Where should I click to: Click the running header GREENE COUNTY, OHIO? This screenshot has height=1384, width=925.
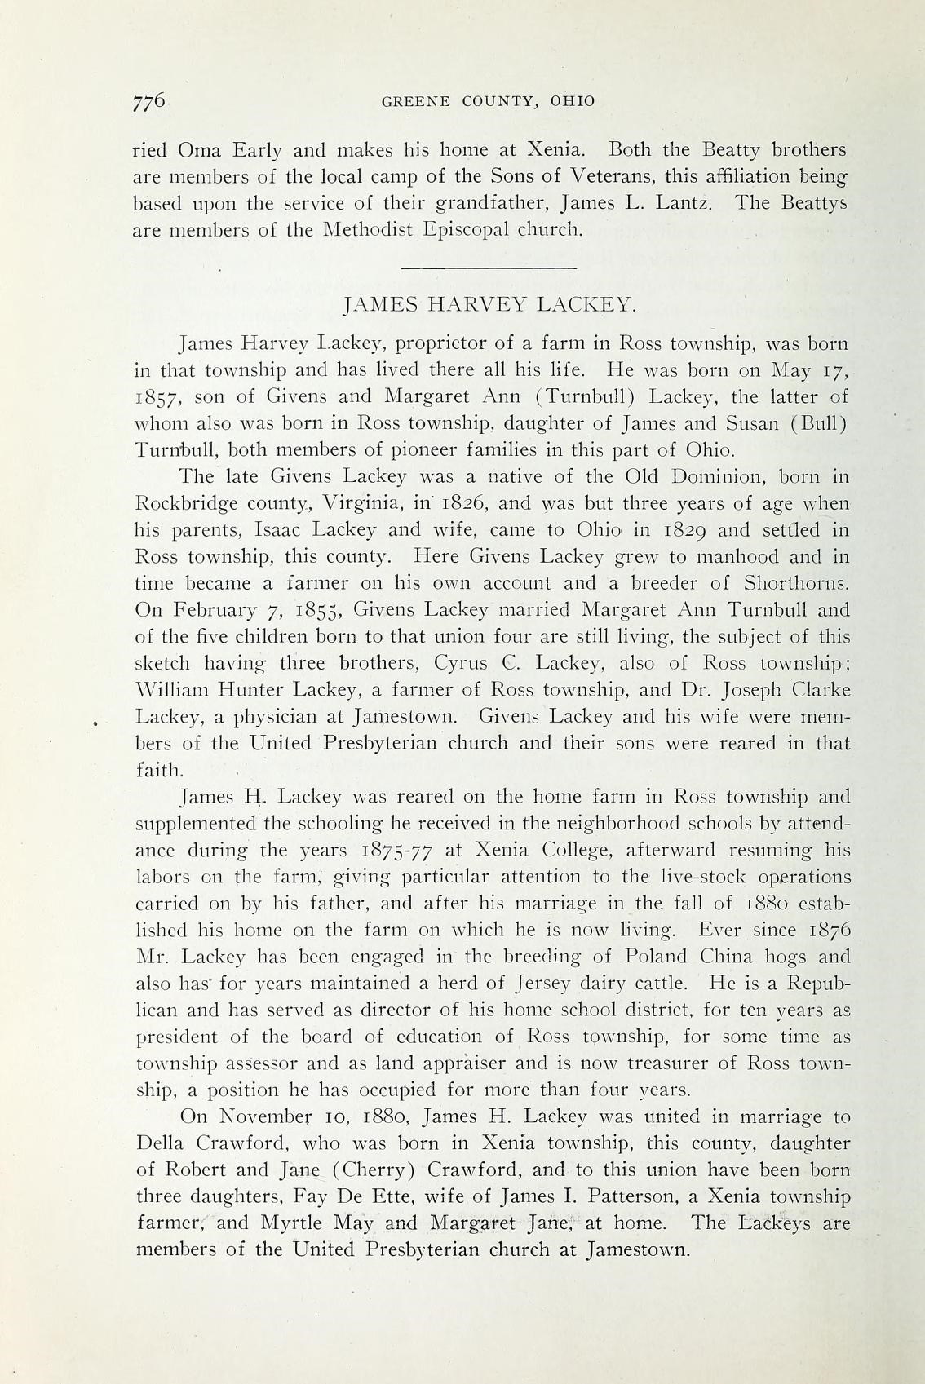[x=489, y=102]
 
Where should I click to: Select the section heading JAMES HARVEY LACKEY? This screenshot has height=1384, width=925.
[x=489, y=305]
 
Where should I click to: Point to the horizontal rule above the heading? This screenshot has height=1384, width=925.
[x=489, y=268]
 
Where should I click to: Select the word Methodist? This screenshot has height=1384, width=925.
[x=371, y=230]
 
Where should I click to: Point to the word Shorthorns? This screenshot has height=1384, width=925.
[x=796, y=584]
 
